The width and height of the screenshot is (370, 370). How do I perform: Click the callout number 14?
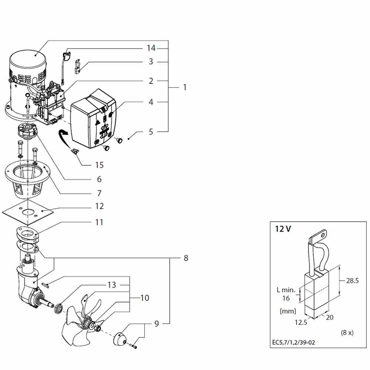151,48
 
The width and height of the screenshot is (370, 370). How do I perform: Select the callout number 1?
185,88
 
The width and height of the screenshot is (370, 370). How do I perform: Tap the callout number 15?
99,165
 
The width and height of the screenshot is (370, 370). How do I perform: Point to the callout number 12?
99,206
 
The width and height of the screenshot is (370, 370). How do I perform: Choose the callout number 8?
185,258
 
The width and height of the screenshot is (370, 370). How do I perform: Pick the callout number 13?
111,285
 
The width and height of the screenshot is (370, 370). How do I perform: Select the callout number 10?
145,297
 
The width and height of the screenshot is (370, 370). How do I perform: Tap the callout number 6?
99,179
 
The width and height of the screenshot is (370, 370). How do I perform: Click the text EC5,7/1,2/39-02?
293,342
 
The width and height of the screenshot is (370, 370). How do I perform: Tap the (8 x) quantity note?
347,332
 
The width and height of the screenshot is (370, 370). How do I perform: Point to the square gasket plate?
28,211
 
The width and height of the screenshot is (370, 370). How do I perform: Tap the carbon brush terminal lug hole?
324,234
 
